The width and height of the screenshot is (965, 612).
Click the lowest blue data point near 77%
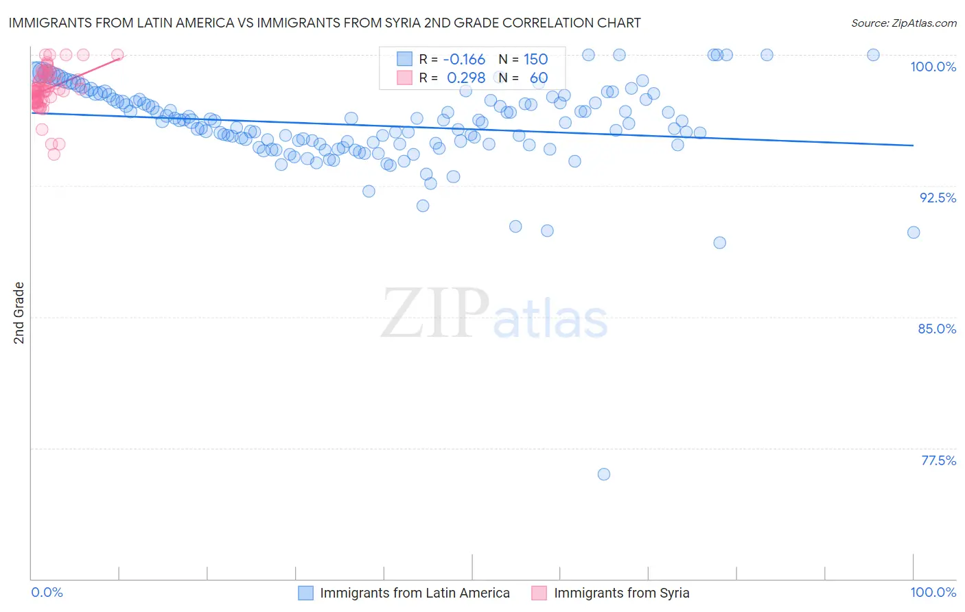[604, 474]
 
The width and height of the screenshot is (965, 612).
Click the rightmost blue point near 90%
[914, 233]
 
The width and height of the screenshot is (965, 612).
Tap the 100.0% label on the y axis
[933, 67]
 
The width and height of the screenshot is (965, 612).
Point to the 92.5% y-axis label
[938, 198]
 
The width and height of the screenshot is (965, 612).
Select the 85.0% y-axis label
[937, 329]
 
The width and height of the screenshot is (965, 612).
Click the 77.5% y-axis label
[938, 460]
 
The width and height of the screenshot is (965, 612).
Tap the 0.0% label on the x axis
[47, 592]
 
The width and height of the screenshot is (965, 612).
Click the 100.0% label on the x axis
[933, 592]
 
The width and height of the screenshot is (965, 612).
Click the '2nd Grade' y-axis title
[19, 313]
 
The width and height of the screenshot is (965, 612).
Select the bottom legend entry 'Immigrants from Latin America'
[415, 593]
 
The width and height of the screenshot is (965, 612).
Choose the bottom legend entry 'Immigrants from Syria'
[621, 593]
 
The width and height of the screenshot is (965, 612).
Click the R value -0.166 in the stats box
[464, 60]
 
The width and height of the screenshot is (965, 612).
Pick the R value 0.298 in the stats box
[466, 78]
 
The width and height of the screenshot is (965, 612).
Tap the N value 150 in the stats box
[535, 60]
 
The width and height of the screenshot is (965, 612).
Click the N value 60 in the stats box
[538, 78]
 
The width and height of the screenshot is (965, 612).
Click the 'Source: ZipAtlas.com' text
[903, 23]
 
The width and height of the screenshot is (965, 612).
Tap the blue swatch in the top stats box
[405, 60]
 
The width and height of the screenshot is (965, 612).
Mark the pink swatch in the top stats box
[405, 78]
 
